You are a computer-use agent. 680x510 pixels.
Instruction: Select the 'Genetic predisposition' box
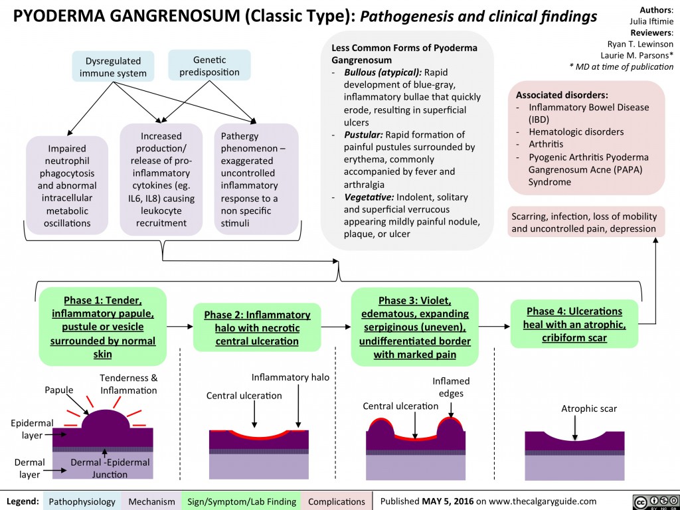tap(209, 66)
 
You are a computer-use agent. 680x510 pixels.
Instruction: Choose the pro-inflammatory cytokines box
tap(161, 179)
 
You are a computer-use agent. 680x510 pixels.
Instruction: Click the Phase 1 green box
tap(102, 326)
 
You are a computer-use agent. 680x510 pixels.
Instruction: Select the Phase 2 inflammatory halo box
tap(257, 327)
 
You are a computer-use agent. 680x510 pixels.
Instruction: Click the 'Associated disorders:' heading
tap(562, 95)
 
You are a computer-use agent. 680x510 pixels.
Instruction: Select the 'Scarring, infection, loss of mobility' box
tap(584, 223)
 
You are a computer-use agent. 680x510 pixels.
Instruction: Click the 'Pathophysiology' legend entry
tap(82, 501)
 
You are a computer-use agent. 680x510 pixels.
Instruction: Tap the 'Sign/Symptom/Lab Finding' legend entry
tap(241, 501)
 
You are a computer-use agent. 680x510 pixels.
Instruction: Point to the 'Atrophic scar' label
tap(589, 408)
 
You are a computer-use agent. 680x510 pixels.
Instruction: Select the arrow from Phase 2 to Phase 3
tap(337, 327)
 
